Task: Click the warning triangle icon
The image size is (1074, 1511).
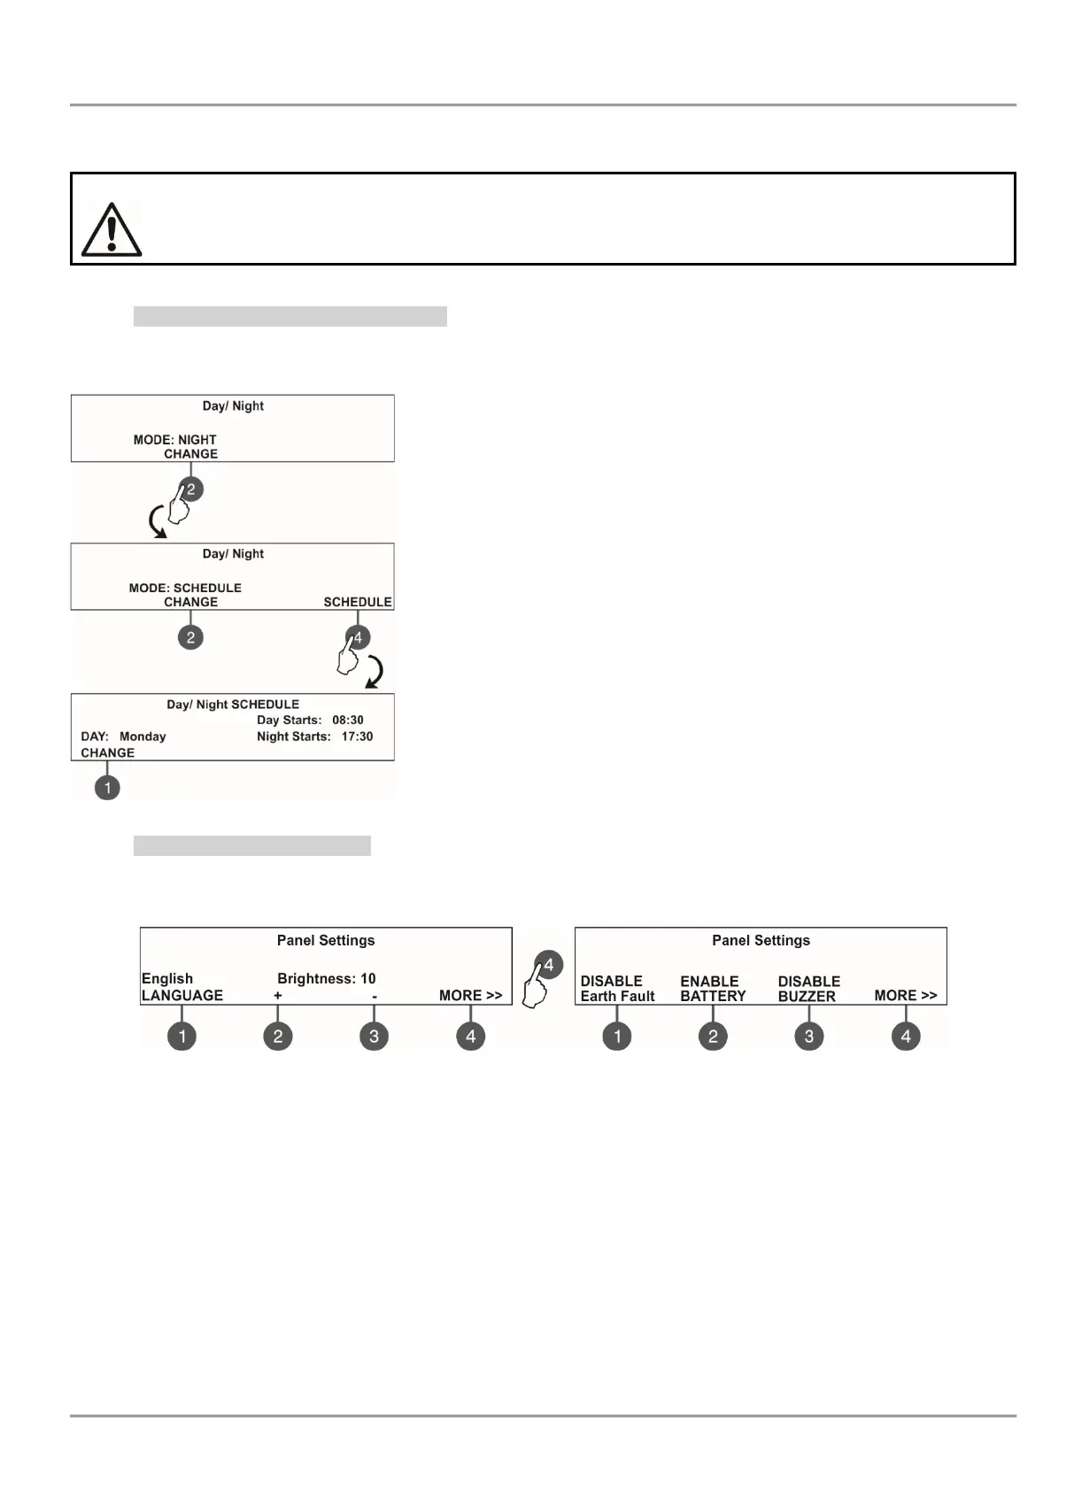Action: click(111, 230)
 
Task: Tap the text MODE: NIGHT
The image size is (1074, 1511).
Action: click(174, 440)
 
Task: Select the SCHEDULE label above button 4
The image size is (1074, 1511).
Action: click(357, 602)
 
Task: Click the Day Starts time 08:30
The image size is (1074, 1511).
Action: click(348, 721)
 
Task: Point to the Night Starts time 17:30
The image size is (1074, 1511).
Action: click(357, 736)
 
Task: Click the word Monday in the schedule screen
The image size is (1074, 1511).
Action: click(143, 736)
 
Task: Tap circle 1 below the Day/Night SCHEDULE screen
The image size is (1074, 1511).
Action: click(107, 788)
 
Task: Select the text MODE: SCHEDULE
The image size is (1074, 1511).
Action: click(185, 588)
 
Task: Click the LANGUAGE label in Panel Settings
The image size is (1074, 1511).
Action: click(182, 996)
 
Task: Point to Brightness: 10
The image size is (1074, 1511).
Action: click(327, 979)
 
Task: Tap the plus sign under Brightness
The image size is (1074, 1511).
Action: click(278, 996)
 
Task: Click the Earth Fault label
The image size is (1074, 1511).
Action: click(617, 997)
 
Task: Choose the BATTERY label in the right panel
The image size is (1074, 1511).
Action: click(713, 997)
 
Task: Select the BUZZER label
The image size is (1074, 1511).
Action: click(807, 997)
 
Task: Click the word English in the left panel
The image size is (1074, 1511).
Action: click(167, 979)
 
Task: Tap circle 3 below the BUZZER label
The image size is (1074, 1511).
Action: click(808, 1037)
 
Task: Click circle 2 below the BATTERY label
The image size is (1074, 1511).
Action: click(713, 1037)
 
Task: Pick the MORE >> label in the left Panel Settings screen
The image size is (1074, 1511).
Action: click(470, 996)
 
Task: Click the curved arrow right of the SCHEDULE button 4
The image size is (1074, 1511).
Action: click(375, 672)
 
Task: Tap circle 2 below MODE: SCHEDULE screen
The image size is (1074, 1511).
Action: click(190, 637)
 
